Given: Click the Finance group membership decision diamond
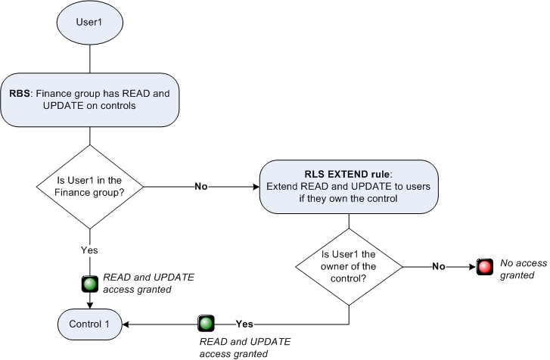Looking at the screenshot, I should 90,185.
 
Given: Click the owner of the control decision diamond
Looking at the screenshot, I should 348,266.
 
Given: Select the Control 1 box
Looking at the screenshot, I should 91,324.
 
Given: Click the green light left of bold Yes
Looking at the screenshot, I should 205,324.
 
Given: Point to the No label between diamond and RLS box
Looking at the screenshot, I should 201,186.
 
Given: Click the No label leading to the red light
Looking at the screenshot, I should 438,267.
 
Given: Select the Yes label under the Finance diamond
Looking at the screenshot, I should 90,250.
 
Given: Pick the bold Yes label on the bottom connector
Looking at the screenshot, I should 244,324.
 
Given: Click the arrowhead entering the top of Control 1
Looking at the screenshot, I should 91,305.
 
